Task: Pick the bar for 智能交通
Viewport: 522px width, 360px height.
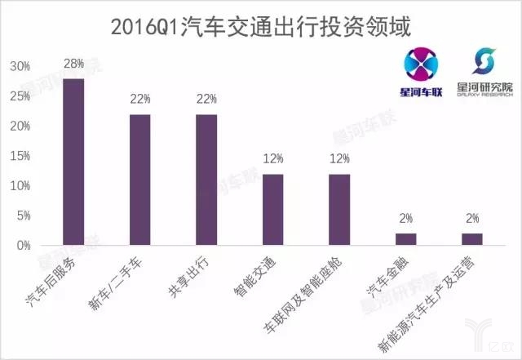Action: tap(272, 210)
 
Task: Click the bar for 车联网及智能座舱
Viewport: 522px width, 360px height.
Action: tap(338, 210)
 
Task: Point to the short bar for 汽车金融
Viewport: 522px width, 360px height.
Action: tap(405, 239)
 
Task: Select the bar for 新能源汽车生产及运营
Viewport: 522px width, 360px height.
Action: tap(471, 239)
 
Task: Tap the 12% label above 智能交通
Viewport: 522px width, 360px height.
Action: tap(272, 158)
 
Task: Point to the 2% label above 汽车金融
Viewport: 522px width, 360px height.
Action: tap(405, 219)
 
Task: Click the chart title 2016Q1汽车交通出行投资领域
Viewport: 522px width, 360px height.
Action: tap(261, 25)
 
